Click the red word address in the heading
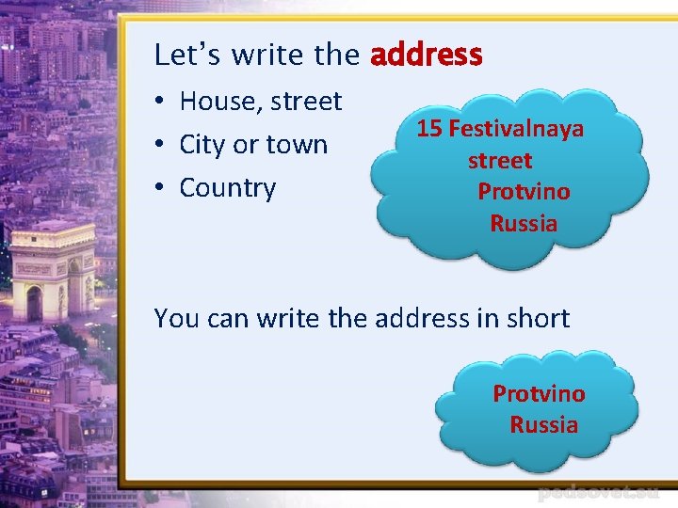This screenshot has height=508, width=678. click(x=427, y=55)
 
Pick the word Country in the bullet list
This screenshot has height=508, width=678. click(x=227, y=188)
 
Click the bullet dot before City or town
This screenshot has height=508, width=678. click(x=163, y=145)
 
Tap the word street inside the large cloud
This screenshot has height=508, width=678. click(x=500, y=161)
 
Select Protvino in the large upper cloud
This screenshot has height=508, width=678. click(x=524, y=192)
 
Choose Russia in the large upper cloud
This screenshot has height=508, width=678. click(x=524, y=224)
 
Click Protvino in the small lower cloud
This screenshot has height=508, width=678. click(x=539, y=393)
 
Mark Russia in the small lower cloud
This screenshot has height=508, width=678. click(x=544, y=424)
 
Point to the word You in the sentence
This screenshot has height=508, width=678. click(x=174, y=318)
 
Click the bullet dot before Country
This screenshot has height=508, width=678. click(x=163, y=188)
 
